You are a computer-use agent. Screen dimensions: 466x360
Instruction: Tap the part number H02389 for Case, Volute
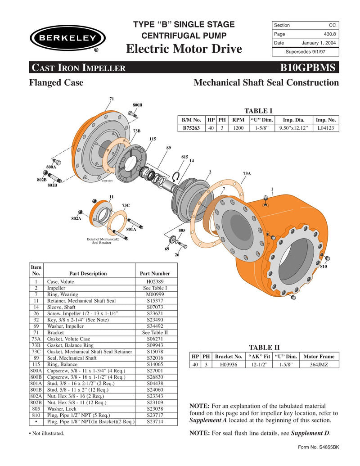pos(154,281)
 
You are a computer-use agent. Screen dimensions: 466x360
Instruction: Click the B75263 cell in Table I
pos(191,128)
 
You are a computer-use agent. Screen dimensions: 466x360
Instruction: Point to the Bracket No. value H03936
pos(228,365)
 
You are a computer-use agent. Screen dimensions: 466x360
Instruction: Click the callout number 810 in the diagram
pos(323,267)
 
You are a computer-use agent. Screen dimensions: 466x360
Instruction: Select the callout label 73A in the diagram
pos(247,173)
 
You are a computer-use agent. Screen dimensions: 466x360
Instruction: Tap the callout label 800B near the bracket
pos(137,105)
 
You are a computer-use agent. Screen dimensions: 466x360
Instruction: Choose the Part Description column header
pos(88,273)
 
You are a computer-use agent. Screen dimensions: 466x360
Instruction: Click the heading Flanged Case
pos(56,83)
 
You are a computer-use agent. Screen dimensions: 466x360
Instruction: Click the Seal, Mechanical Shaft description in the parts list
pos(72,358)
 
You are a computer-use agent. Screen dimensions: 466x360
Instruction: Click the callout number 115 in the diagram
pos(153,139)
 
